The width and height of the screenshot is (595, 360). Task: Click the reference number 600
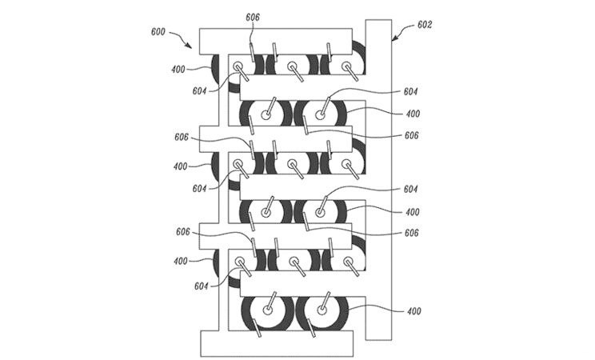(160, 32)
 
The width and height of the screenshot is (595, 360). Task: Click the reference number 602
(425, 25)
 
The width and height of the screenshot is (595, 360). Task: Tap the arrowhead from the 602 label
(393, 37)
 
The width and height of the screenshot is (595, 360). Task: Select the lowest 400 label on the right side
(413, 310)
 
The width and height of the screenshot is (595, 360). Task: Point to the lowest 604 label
(202, 286)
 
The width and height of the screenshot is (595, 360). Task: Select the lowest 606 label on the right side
(412, 232)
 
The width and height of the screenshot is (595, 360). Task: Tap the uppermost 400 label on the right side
(412, 114)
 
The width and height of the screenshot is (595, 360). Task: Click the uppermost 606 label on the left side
(182, 138)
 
